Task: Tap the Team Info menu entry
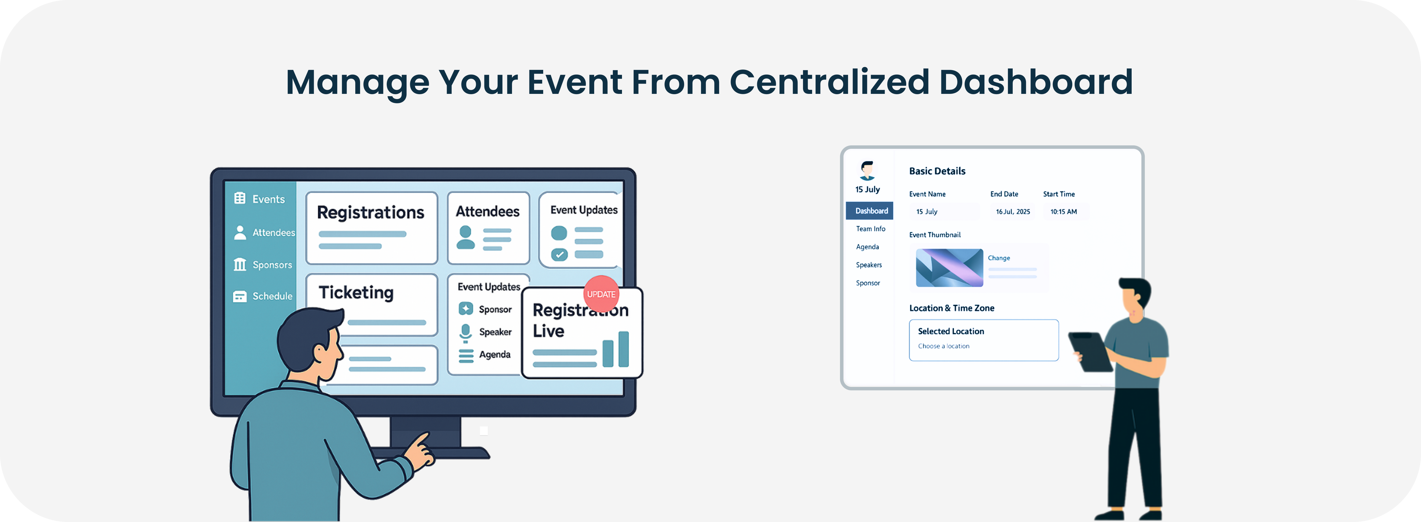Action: pyautogui.click(x=870, y=229)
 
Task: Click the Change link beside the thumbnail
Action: pyautogui.click(x=998, y=258)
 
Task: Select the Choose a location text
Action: pyautogui.click(x=943, y=346)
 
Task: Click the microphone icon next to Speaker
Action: pyautogui.click(x=466, y=332)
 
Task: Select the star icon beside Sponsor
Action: pyautogui.click(x=466, y=309)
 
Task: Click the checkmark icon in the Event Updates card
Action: pyautogui.click(x=559, y=255)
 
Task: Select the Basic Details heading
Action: pyautogui.click(x=937, y=171)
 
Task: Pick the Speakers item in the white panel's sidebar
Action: pyautogui.click(x=869, y=265)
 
